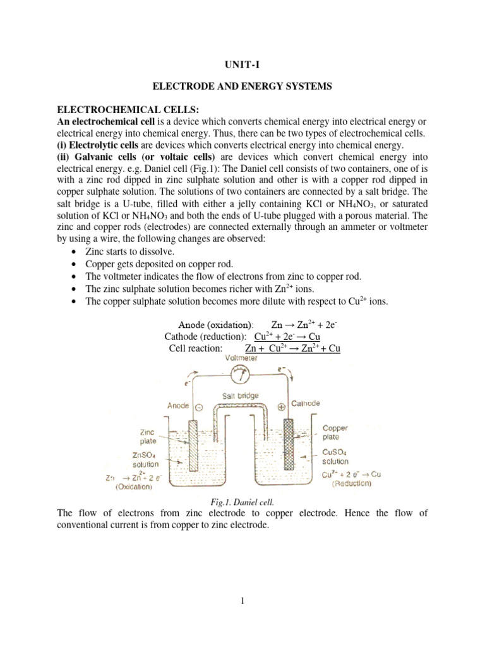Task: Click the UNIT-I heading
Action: coord(242,64)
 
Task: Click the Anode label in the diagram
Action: coord(179,405)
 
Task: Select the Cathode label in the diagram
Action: coord(306,402)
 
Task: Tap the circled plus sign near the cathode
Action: coord(282,406)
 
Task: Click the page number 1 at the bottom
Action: coord(242,602)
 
